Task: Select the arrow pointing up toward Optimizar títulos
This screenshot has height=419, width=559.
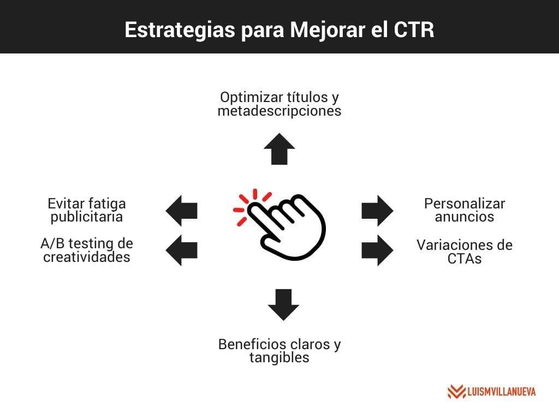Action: point(279,148)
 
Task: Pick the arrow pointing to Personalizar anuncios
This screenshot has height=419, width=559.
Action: point(377,210)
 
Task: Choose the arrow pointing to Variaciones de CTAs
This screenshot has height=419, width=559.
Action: point(377,250)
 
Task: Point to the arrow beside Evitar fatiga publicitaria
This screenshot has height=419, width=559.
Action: point(181,210)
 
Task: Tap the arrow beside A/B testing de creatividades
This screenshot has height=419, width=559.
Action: point(181,250)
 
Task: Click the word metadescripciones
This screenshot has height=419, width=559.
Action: point(279,111)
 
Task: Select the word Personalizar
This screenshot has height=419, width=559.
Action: point(465,203)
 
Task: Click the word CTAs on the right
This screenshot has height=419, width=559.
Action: point(465,259)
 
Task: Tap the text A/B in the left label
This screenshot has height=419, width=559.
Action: point(50,244)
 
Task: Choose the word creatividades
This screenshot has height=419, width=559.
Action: point(87,257)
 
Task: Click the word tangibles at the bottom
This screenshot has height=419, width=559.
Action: point(279,358)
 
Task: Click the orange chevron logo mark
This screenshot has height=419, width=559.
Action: point(456,392)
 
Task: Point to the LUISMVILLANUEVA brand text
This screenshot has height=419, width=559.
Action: point(501,392)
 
